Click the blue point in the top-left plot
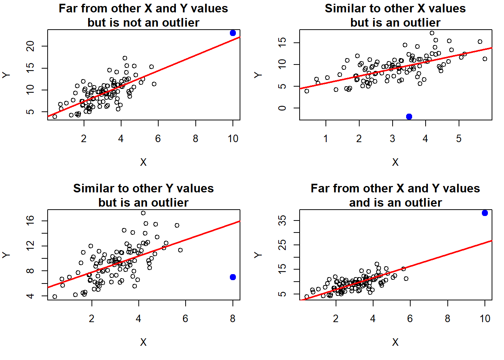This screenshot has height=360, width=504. (233, 33)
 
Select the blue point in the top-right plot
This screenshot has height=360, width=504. (409, 117)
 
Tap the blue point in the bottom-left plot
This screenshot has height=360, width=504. (233, 277)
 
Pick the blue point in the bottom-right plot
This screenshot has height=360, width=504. (485, 213)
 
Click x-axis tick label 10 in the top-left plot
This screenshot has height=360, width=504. (233, 139)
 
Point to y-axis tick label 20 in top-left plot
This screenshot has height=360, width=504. (30, 46)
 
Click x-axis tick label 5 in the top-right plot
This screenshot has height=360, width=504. (459, 139)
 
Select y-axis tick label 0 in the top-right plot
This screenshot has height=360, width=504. (282, 108)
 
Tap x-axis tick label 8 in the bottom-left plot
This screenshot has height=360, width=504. (232, 319)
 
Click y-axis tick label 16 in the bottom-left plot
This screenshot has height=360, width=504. (30, 221)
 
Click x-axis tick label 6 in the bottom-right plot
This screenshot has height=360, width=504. (410, 319)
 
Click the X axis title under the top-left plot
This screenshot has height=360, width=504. (143, 162)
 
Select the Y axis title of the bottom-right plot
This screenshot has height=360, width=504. (258, 255)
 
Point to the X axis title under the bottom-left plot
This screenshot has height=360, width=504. (143, 342)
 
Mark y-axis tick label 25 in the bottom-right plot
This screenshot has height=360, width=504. (282, 245)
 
